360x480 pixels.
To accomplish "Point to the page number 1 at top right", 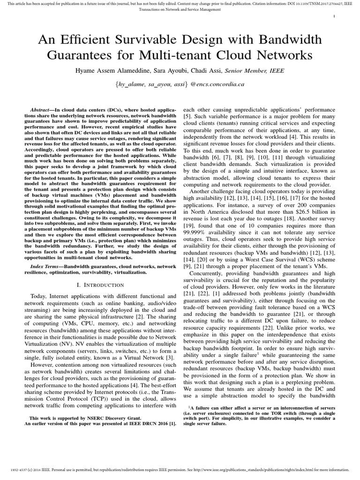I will point(333,16).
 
